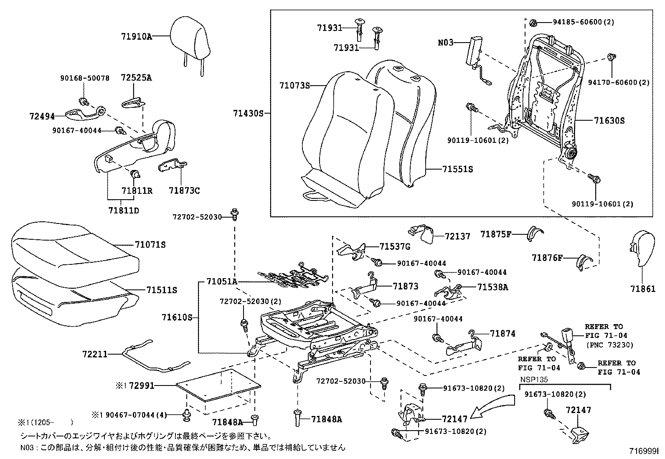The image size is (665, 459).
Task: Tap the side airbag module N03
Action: point(475,51)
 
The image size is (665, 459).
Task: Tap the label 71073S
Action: point(294,86)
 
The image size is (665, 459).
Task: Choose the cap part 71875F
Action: point(534,234)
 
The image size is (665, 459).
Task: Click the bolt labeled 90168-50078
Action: point(83,101)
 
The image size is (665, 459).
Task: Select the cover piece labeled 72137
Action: point(423,234)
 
